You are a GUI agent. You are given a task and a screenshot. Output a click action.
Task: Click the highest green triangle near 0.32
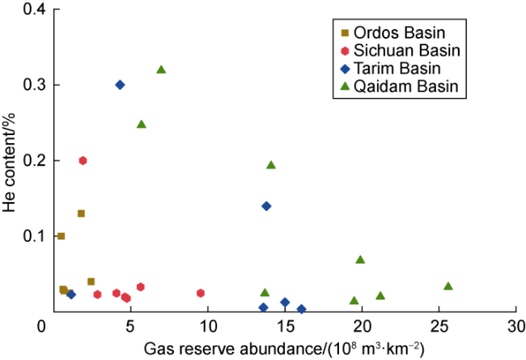(x=161, y=70)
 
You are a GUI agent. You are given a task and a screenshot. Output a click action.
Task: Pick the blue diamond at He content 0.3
(x=120, y=85)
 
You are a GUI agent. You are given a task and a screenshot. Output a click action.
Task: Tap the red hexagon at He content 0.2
(x=83, y=161)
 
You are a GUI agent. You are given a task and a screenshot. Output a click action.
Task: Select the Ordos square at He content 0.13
(x=81, y=214)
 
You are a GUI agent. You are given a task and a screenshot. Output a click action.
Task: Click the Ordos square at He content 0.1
(x=61, y=236)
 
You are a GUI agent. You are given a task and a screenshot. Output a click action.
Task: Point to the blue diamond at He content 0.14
(x=266, y=206)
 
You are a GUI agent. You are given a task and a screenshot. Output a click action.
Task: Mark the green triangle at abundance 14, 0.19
(x=271, y=165)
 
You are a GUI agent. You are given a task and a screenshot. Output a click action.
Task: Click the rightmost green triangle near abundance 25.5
(x=448, y=286)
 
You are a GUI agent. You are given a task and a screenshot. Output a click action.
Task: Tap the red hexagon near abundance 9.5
(x=201, y=293)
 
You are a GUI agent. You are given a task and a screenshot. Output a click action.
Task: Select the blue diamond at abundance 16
(x=302, y=309)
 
